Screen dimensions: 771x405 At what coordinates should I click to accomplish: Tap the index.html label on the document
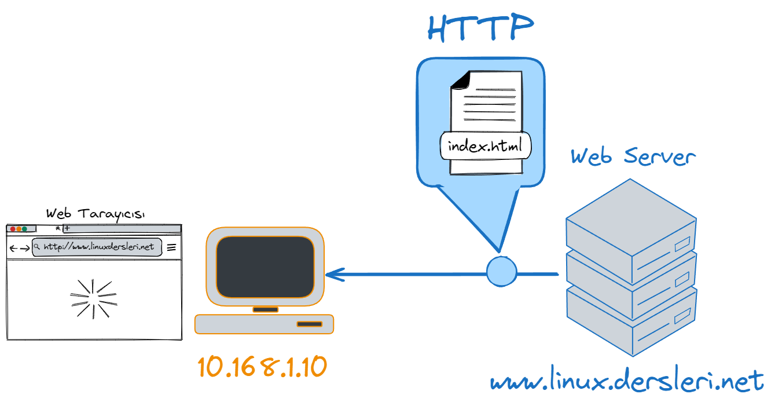[x=485, y=146]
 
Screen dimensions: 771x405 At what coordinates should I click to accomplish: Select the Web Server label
[x=633, y=156]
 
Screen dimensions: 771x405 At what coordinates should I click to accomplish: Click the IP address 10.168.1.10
[x=262, y=367]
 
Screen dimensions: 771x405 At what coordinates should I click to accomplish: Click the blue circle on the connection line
[x=501, y=271]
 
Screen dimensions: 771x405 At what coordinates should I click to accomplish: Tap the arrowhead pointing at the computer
[x=334, y=274]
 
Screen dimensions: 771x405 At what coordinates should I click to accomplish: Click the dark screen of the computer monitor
[x=265, y=267]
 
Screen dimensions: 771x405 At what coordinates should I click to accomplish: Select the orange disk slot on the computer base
[x=309, y=324]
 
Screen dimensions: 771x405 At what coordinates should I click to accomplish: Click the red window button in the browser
[x=13, y=229]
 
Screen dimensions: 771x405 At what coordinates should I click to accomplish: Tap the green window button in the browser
[x=24, y=229]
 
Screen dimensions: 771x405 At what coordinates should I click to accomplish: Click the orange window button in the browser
[x=19, y=229]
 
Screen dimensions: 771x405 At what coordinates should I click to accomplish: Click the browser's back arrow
[x=14, y=249]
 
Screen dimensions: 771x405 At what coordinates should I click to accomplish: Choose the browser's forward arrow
[x=25, y=249]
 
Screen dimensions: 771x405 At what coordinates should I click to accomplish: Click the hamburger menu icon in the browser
[x=171, y=247]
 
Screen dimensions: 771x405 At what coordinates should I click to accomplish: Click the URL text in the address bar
[x=99, y=247]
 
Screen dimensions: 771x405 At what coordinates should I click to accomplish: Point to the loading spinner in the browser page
[x=93, y=298]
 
